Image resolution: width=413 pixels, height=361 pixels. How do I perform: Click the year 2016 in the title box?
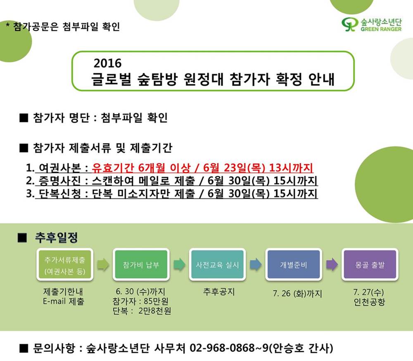point(107,63)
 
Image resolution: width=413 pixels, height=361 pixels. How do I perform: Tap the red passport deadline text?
point(202,168)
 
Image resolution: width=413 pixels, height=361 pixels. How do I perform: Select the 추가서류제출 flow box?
point(65,265)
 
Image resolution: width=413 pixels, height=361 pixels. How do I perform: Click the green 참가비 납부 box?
point(141,265)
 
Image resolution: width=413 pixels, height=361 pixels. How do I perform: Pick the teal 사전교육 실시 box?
point(217,265)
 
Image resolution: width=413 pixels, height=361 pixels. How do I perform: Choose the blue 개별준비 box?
point(293,265)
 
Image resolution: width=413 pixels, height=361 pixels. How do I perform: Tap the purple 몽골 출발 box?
point(370,265)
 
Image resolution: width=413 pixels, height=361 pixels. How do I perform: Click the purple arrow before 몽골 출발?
point(332,265)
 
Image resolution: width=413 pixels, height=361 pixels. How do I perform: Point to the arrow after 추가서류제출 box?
point(103,265)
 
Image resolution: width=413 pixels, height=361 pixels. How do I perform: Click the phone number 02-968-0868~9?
point(229,348)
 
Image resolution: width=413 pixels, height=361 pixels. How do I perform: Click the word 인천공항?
point(369,302)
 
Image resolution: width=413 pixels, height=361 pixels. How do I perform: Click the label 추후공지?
point(218,292)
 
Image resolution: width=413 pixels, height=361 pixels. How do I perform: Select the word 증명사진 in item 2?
point(60,181)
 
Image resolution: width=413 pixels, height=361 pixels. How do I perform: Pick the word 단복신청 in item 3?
point(60,194)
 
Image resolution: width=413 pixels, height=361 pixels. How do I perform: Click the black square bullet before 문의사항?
point(24,348)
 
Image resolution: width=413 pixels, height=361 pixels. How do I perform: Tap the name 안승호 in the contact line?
point(287,348)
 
